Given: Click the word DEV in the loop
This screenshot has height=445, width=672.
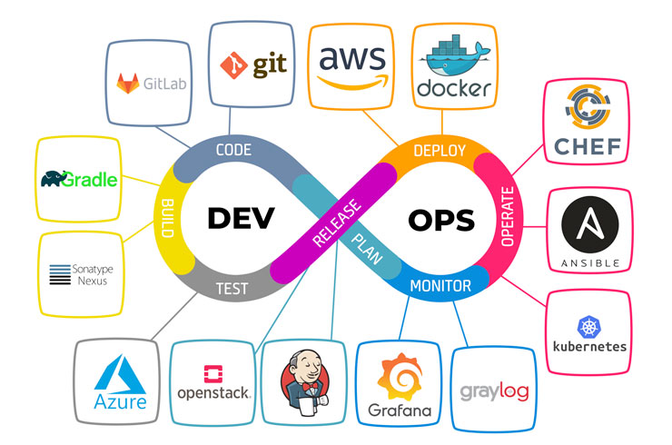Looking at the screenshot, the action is (241, 218).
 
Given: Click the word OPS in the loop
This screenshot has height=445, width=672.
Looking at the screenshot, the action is (441, 220).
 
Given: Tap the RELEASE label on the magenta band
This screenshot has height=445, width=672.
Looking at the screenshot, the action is (337, 222).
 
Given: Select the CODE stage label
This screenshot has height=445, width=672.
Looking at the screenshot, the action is (233, 150).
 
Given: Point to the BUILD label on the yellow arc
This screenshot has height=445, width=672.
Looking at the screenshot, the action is (168, 218).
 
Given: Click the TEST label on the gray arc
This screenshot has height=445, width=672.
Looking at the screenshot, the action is (232, 289).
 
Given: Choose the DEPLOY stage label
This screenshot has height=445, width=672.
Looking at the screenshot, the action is (440, 151).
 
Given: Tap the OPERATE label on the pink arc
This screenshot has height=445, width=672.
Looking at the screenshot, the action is (508, 216).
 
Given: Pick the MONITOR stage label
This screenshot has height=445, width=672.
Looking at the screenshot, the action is (440, 285).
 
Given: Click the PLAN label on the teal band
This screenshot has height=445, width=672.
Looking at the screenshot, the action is (367, 249).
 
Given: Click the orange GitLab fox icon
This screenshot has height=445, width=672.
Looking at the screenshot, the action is (128, 84).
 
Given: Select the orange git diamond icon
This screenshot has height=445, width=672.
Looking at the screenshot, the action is (233, 65).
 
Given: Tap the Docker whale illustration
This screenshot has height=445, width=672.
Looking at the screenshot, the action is (454, 54).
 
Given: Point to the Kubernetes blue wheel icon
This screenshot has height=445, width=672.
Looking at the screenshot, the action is (589, 327).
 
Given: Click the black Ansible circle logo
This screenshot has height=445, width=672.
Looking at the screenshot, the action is (589, 224).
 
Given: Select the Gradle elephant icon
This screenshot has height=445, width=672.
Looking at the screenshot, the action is (54, 178).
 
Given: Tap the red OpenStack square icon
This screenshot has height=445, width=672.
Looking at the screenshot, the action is (213, 374).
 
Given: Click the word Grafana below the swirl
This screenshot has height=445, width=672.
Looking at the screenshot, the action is (400, 410).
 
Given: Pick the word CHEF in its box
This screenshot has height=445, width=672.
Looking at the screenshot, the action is (588, 146).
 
